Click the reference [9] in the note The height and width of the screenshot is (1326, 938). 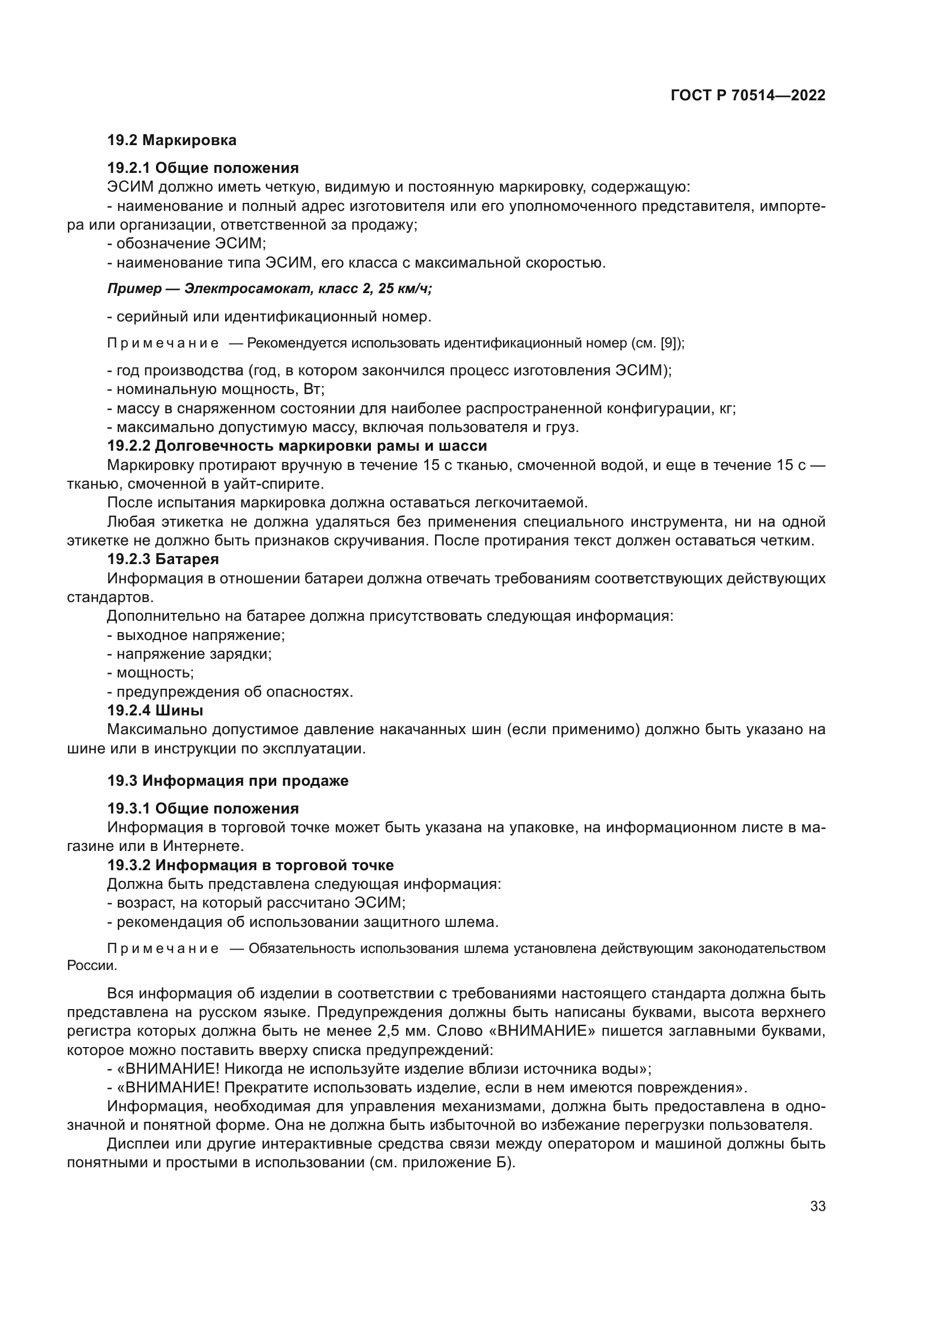[667, 343]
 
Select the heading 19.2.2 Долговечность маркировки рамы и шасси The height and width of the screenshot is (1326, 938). [297, 446]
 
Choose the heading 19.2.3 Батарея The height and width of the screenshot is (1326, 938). [163, 559]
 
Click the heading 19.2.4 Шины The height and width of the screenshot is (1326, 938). [155, 710]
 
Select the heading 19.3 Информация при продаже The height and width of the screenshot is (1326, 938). [227, 781]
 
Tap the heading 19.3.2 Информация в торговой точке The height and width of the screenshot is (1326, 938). [250, 865]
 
